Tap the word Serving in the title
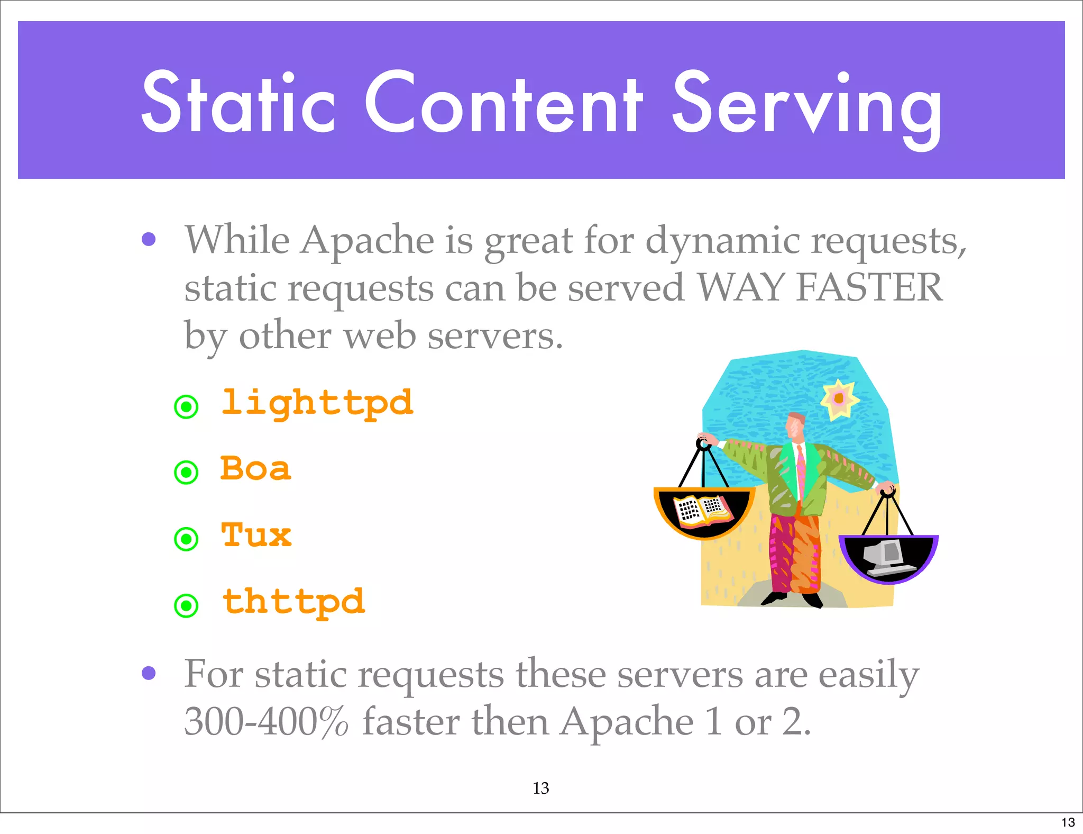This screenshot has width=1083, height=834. click(x=806, y=106)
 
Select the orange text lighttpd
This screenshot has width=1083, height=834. click(x=317, y=404)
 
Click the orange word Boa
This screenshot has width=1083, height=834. click(x=255, y=469)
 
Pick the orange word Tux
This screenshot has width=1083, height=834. click(x=256, y=535)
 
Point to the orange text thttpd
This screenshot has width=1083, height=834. click(x=294, y=602)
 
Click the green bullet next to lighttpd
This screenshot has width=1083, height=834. click(x=186, y=407)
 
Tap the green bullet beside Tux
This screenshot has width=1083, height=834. click(x=186, y=539)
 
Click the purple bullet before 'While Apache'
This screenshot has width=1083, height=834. click(x=149, y=240)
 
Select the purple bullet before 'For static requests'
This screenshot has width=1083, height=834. click(x=149, y=673)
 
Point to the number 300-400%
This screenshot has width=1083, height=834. click(x=266, y=721)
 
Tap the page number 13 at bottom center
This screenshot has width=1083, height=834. click(x=541, y=788)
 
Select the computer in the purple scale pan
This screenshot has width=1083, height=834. click(x=888, y=558)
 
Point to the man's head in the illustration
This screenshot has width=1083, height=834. click(x=795, y=425)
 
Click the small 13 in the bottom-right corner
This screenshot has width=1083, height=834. click(x=1068, y=822)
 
